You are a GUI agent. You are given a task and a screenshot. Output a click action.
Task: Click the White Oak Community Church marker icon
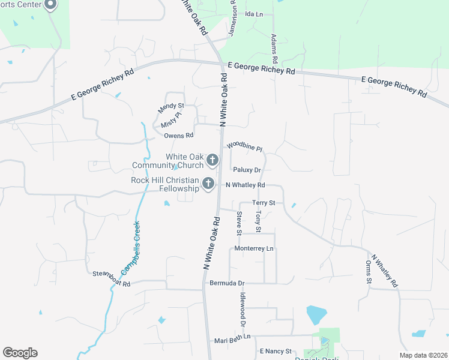pyautogui.click(x=212, y=160)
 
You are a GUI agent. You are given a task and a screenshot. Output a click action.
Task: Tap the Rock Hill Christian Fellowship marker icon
pyautogui.click(x=208, y=184)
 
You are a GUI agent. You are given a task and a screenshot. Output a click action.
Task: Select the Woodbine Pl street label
pyautogui.click(x=245, y=146)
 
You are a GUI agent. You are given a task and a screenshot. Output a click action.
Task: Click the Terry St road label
pyautogui.click(x=264, y=203)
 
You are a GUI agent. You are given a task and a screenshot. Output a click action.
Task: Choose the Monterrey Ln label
pyautogui.click(x=254, y=248)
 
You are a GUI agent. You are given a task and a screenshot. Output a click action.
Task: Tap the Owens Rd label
pyautogui.click(x=178, y=136)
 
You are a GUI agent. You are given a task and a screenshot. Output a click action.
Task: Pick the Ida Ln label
pyautogui.click(x=255, y=14)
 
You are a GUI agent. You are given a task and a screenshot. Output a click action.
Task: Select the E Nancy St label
pyautogui.click(x=275, y=351)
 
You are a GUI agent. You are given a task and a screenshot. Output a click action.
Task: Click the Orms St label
pyautogui.click(x=369, y=272)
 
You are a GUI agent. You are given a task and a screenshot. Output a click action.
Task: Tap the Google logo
pyautogui.click(x=20, y=353)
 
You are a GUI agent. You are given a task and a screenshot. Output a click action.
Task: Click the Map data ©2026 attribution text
pyautogui.click(x=423, y=355)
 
